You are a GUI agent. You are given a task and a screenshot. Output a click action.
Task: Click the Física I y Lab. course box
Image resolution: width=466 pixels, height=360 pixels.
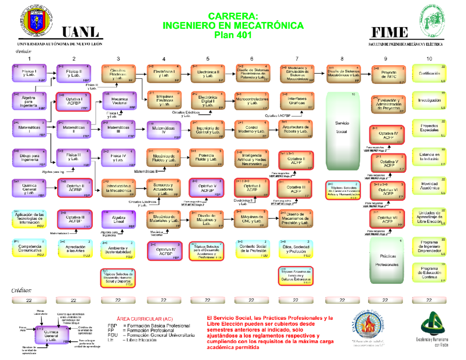[x=30, y=73]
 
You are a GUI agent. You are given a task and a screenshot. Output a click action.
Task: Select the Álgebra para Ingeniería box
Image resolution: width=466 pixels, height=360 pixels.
[x=30, y=101]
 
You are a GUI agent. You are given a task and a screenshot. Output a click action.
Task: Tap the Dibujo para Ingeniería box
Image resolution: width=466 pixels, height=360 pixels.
[x=30, y=158]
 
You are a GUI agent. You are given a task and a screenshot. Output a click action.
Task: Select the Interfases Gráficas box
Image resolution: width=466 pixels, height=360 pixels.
[x=296, y=101]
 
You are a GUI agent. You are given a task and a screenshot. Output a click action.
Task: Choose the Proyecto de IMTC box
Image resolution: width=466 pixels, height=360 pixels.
[x=386, y=75]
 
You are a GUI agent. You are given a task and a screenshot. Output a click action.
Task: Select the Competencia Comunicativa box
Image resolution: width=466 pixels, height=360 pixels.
[x=30, y=248]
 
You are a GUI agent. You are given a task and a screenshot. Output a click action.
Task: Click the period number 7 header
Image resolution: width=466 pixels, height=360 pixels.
[x=297, y=59]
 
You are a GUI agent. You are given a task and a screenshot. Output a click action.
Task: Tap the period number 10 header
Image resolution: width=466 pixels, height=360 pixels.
[x=429, y=59]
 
